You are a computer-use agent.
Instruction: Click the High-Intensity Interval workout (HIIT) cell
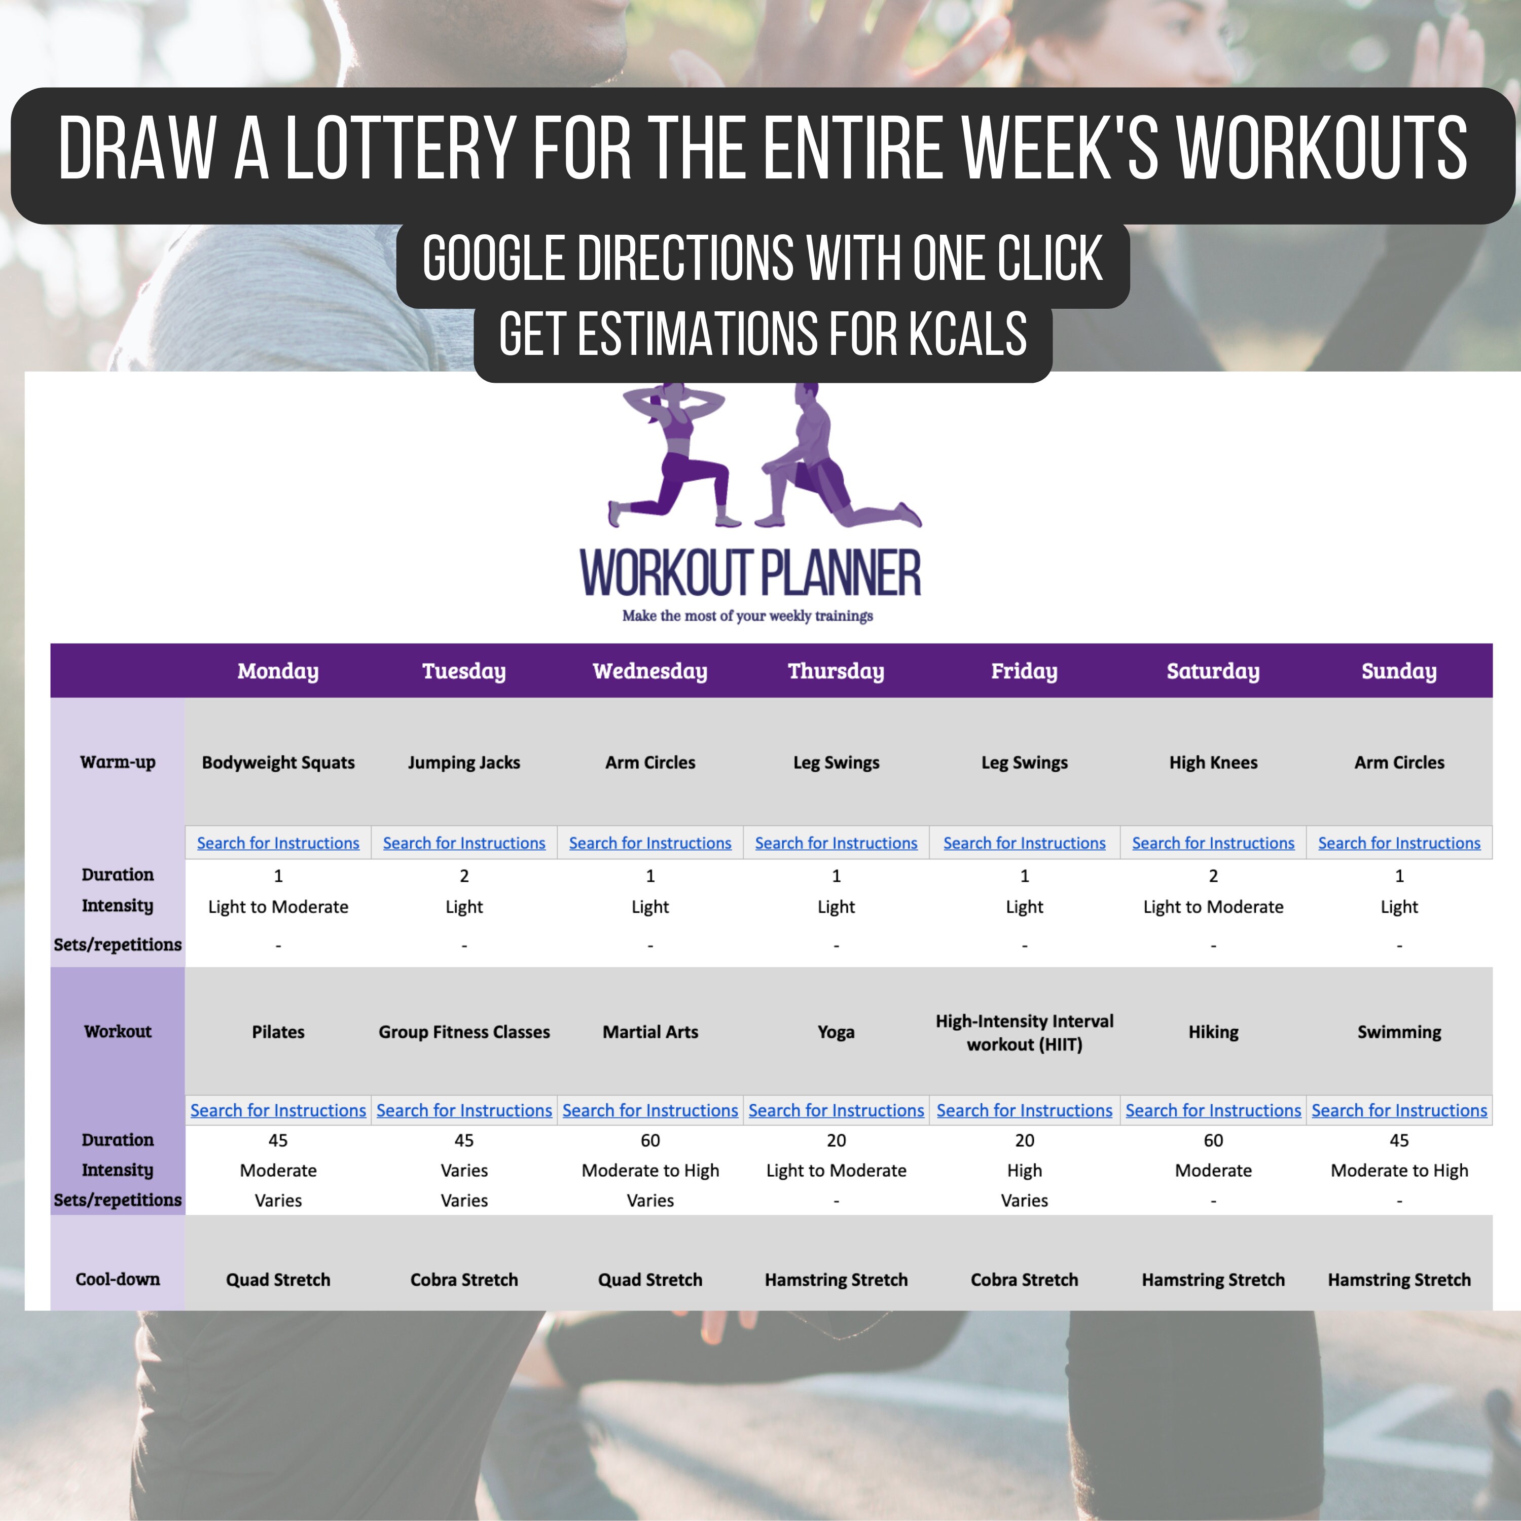pyautogui.click(x=1024, y=1032)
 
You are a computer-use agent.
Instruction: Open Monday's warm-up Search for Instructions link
pyautogui.click(x=278, y=843)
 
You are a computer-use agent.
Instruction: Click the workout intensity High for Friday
pyautogui.click(x=1024, y=1171)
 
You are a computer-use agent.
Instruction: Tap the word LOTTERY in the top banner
pyautogui.click(x=400, y=148)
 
